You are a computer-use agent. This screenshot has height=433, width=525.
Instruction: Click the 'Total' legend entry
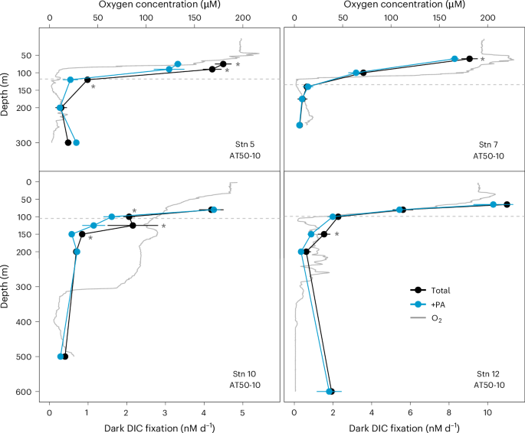coord(441,291)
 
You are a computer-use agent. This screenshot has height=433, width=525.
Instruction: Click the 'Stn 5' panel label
coord(247,144)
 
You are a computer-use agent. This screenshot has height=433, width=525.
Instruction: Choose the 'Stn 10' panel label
coord(244,373)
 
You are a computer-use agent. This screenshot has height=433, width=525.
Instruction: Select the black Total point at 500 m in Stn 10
coord(65,356)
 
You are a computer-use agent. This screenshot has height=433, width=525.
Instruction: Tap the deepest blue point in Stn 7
coord(300,125)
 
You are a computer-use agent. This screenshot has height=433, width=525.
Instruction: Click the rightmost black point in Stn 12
coord(507,204)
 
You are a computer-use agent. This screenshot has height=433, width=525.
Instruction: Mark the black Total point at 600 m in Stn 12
coord(331,392)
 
